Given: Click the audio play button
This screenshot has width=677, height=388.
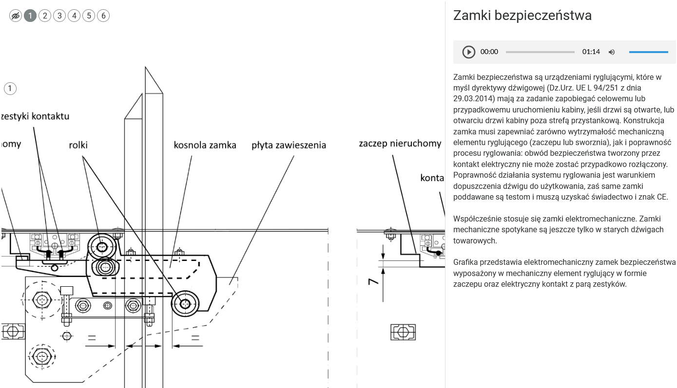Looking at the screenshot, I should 468,52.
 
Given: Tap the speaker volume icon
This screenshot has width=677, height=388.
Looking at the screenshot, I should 612,52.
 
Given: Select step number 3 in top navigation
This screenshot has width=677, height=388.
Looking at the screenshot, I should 59,16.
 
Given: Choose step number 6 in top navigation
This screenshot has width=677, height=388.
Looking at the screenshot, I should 103,16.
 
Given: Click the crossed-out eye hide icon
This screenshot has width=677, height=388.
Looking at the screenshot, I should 16,16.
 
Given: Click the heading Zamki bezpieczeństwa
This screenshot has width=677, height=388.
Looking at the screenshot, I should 522,16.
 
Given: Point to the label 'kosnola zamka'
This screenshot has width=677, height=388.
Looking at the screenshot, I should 205,145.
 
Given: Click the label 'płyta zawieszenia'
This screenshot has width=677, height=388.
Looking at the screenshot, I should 289,145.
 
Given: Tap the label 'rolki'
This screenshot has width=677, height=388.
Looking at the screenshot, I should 78,145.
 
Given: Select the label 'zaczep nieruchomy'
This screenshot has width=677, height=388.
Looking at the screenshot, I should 400,144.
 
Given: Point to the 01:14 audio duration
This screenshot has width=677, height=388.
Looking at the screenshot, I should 591,52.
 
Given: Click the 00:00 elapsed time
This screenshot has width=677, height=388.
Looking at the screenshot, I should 489,52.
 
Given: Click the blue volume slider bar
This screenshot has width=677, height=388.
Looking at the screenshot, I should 648,52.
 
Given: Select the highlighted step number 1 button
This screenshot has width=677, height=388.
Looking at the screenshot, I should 30,16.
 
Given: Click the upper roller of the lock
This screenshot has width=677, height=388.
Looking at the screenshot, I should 102,247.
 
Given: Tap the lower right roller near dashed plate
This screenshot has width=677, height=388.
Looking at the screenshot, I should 185,304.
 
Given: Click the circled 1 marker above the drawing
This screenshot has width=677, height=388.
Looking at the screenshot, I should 10,89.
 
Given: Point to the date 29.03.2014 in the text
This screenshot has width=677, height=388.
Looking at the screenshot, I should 473,98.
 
